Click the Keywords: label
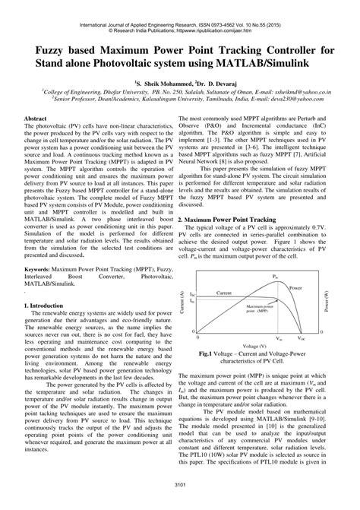point(43,269)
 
